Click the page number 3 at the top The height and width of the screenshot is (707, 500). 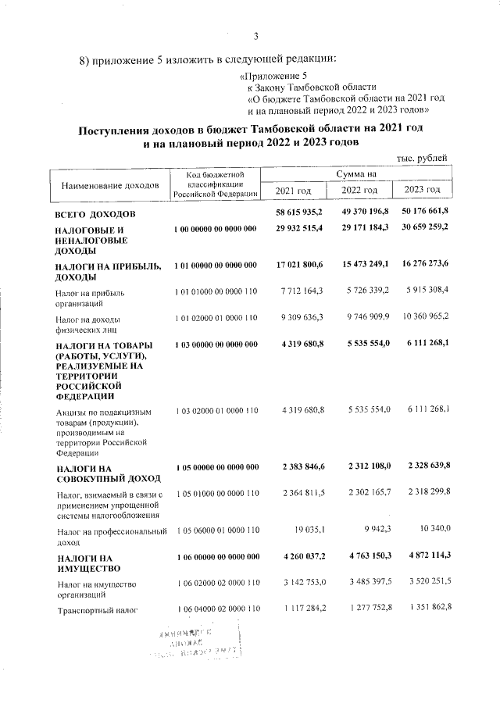[x=255, y=35]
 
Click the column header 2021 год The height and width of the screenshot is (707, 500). [x=294, y=190]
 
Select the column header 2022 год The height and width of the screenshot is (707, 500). [x=359, y=190]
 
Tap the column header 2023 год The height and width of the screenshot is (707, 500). [x=422, y=190]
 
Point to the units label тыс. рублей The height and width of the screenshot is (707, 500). [x=422, y=159]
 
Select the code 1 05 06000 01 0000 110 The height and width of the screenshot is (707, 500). [x=215, y=530]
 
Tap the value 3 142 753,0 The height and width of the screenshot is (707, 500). [x=303, y=582]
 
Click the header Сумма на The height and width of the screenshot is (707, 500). [x=356, y=173]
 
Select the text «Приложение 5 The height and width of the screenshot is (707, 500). [x=271, y=75]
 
